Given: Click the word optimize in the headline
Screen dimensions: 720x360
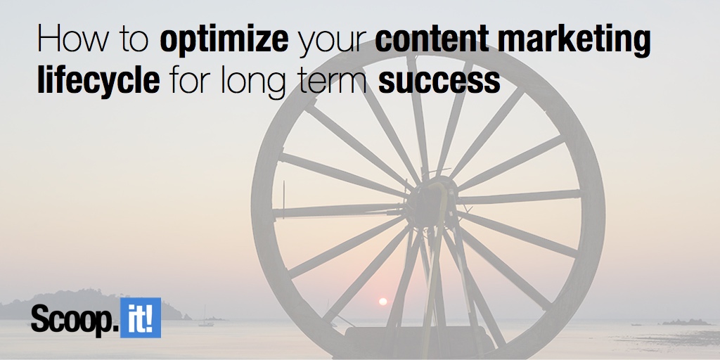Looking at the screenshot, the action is [x=224, y=40].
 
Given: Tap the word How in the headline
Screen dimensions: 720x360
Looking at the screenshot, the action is [x=73, y=38].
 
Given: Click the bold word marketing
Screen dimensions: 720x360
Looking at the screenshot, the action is [x=574, y=40].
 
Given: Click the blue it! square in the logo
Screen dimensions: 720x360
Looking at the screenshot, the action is [x=141, y=318].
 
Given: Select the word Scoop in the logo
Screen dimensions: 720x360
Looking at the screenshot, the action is [x=72, y=319].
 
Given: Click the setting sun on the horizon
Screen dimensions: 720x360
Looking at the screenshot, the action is [x=382, y=302].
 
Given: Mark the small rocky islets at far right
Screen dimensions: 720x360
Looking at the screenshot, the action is [x=685, y=322].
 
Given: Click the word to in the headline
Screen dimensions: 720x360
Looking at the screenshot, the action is [x=134, y=39].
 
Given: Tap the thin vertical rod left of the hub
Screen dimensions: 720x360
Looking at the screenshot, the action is [x=283, y=199].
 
